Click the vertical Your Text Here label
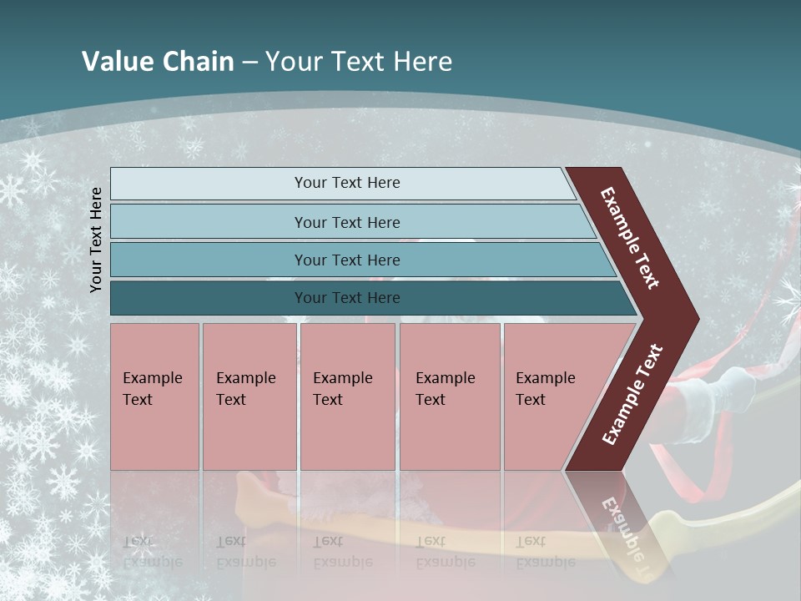pos(97,240)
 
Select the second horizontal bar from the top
pos(347,222)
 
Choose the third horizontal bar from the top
pos(347,260)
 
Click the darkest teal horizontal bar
pos(347,298)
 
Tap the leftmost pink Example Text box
pos(154,396)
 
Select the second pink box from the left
pos(249,396)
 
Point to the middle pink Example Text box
pos(347,396)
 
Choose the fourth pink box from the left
pos(450,396)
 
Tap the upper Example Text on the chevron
pos(631,238)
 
